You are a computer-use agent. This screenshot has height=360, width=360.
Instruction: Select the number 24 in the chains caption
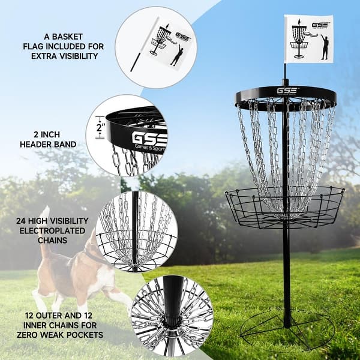[x=20, y=220]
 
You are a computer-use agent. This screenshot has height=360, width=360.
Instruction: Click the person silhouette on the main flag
[x=324, y=47]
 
